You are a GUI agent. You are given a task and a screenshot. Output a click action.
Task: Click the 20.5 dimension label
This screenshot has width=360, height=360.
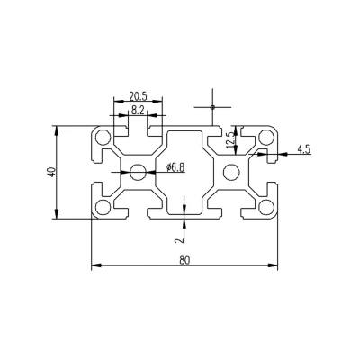[139, 96]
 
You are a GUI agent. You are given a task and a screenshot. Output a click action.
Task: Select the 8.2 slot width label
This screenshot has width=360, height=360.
[138, 111]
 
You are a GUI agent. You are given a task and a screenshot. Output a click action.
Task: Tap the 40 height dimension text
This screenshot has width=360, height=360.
[51, 172]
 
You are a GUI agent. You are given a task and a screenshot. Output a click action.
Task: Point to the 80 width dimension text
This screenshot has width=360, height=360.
[184, 259]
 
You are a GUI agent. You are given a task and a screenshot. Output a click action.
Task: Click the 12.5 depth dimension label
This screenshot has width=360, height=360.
[230, 140]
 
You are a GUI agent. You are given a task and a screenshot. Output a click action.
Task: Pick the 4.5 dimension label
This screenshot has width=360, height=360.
[303, 149]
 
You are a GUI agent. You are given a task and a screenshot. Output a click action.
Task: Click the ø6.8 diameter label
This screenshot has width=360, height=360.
[175, 167]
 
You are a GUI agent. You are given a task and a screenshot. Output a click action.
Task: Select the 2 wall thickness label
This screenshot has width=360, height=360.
[180, 239]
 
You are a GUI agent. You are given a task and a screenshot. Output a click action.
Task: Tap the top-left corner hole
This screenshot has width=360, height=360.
[103, 138]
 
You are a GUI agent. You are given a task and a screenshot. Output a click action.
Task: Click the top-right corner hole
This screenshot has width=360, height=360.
[266, 138]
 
